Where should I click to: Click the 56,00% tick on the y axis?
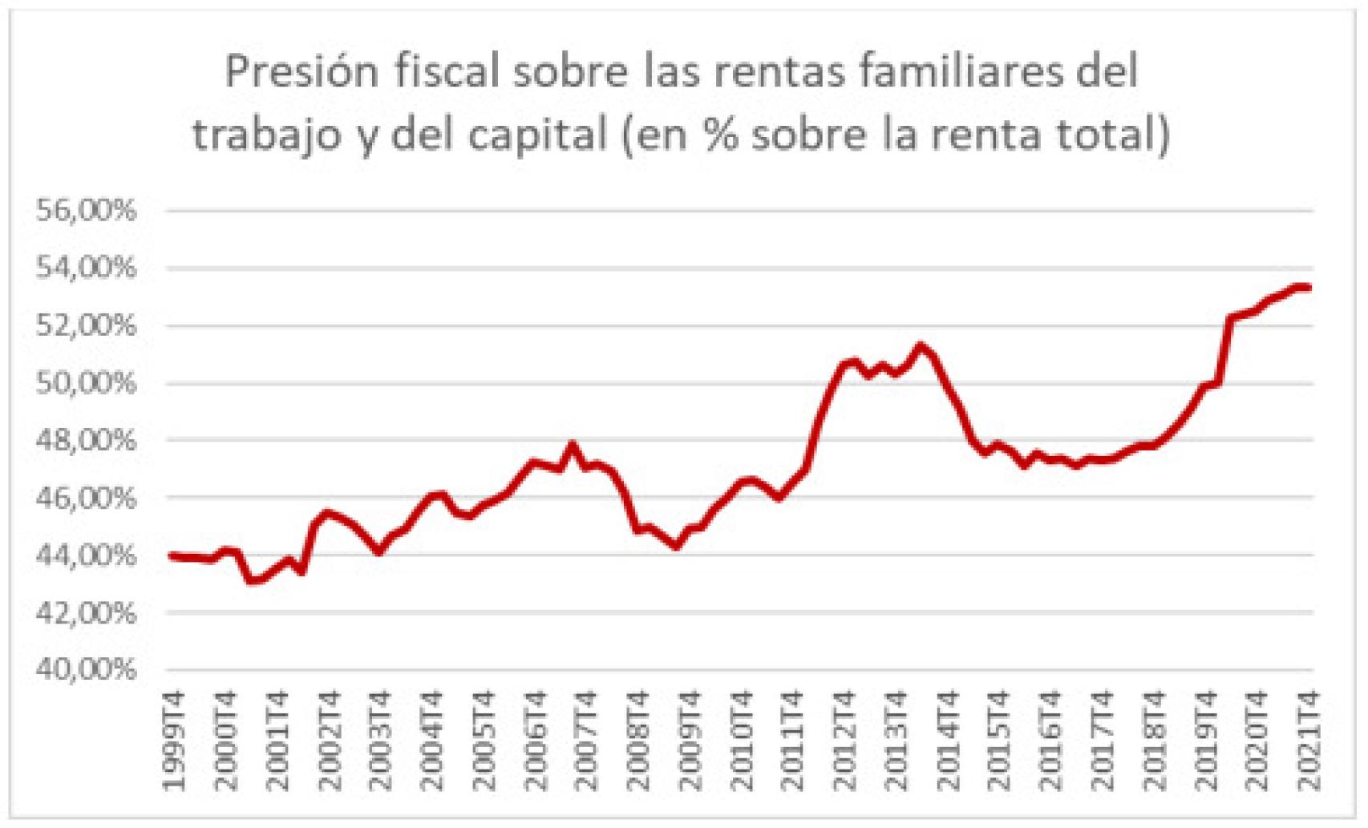[x=86, y=211]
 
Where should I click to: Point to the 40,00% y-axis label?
[x=86, y=669]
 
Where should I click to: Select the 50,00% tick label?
[x=86, y=383]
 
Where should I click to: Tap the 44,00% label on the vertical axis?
[x=86, y=555]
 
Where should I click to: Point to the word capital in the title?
[x=537, y=134]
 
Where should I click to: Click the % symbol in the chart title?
[x=721, y=134]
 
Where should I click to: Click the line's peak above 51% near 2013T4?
[x=921, y=346]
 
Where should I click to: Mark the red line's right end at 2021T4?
[x=1309, y=287]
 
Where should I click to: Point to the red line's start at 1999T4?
[x=171, y=555]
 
